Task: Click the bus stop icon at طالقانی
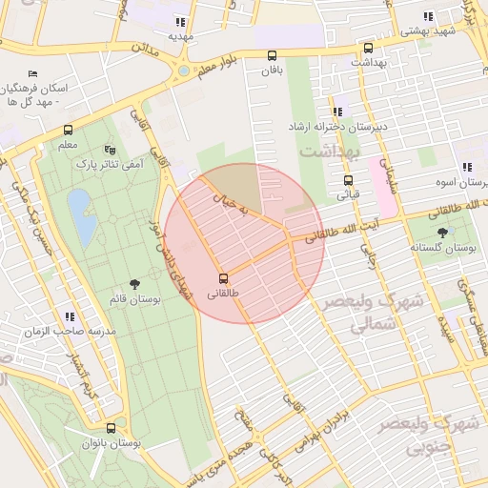click(224, 278)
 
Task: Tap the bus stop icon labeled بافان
click(273, 55)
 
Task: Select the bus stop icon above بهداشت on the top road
click(368, 47)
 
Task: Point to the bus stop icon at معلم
click(68, 130)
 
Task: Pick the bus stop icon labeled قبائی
click(348, 180)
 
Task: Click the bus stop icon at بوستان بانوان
click(112, 429)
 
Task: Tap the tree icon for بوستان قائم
click(134, 284)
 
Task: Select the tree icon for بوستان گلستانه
click(441, 232)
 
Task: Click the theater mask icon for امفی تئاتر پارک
click(110, 150)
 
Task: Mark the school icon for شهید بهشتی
click(429, 16)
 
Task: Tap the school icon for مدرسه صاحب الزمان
click(69, 315)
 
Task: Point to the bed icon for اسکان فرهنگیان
click(34, 74)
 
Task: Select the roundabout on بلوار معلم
click(183, 71)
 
